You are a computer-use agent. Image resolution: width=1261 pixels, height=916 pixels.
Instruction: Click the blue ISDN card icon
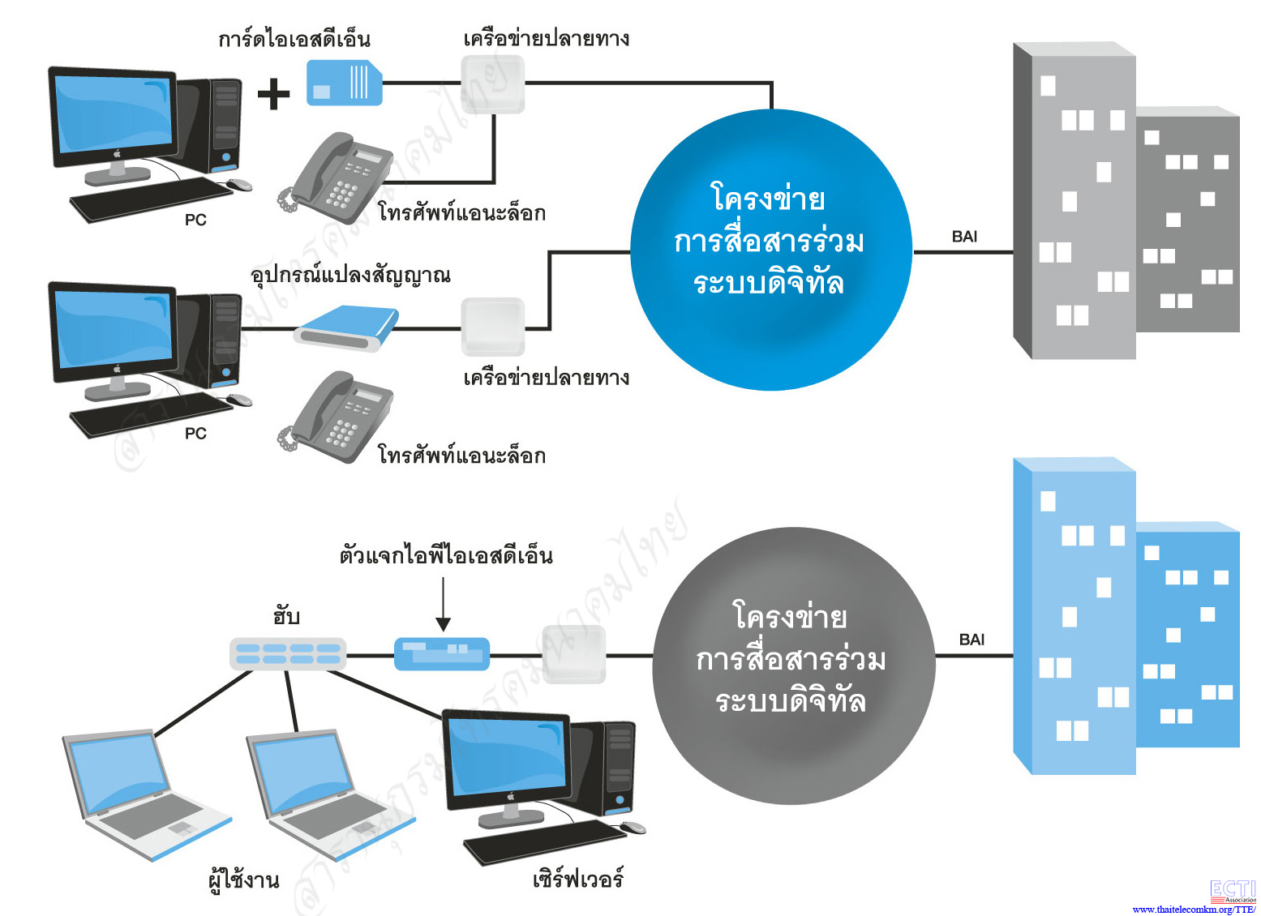(x=344, y=83)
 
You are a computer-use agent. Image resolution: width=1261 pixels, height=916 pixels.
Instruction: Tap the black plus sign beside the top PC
(x=273, y=94)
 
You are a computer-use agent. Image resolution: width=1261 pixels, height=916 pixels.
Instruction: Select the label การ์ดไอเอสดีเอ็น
(x=294, y=39)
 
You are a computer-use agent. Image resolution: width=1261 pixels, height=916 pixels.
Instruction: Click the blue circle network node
(x=770, y=250)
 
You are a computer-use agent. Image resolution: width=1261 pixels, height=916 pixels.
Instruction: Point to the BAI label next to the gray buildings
(x=964, y=237)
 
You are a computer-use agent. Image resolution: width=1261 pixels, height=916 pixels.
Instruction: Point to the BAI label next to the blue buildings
(x=971, y=640)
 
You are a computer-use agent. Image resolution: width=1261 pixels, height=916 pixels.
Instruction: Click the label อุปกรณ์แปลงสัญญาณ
(x=350, y=276)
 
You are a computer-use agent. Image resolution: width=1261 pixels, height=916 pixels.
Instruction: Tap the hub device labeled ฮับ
(x=288, y=653)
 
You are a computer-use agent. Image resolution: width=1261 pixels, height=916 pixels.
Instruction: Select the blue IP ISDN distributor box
(x=442, y=653)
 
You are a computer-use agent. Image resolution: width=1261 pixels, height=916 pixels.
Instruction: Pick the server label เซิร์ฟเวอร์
(x=578, y=879)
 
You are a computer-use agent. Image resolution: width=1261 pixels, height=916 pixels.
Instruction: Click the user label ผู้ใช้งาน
(x=243, y=880)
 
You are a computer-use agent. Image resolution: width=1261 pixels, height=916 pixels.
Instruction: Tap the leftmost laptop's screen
(x=118, y=773)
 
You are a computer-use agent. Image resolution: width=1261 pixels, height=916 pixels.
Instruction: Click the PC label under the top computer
(x=195, y=220)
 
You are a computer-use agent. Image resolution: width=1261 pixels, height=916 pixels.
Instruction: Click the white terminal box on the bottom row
(x=574, y=653)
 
